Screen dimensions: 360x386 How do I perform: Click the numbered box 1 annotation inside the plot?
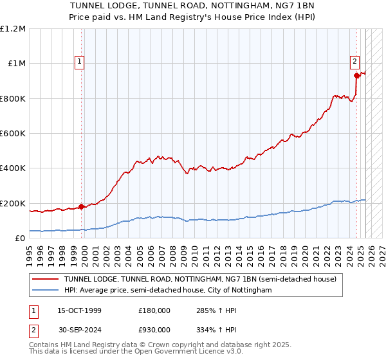click(79, 62)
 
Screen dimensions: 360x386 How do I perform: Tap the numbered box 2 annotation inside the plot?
click(354, 62)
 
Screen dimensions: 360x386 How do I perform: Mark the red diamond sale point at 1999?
click(82, 207)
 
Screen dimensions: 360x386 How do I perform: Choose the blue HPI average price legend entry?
click(167, 291)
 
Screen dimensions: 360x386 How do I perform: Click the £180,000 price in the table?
click(154, 310)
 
